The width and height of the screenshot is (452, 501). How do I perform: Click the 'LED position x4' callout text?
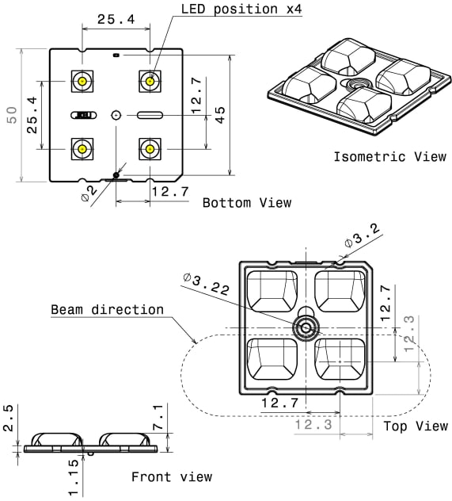click(x=242, y=10)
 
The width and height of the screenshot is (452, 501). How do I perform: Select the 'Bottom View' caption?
click(x=247, y=203)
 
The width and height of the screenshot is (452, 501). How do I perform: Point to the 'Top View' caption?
click(x=416, y=426)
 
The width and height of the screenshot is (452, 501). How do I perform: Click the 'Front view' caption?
click(x=172, y=476)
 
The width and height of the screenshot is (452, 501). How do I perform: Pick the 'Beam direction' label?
click(x=108, y=310)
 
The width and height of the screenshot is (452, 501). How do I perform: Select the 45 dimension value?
click(x=221, y=114)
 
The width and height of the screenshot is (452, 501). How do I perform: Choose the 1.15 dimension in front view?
click(x=73, y=478)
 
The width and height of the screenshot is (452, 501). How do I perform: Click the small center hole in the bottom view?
click(x=116, y=115)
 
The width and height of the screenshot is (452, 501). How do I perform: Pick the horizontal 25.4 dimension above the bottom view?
click(x=115, y=19)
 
